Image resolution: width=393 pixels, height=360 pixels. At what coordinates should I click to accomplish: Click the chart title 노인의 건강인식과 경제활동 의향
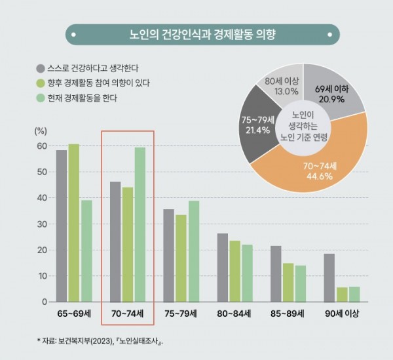pyautogui.click(x=202, y=34)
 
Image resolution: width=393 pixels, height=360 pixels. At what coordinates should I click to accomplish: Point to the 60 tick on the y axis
pyautogui.click(x=41, y=146)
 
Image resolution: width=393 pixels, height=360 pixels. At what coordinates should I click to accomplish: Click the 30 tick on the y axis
pyautogui.click(x=41, y=224)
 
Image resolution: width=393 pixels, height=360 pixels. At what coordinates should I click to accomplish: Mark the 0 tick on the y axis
pyautogui.click(x=44, y=302)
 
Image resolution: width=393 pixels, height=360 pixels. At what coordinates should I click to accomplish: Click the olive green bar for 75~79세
pyautogui.click(x=181, y=258)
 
